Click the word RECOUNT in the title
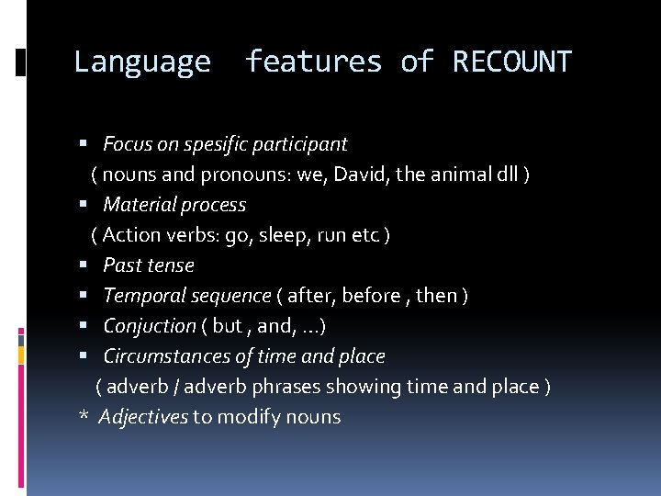coord(511,62)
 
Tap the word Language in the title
coord(141,62)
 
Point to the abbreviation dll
coord(505,175)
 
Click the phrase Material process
coord(174,205)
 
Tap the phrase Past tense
coord(149,265)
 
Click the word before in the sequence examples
coord(375,296)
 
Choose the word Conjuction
coord(150,326)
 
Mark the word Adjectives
coord(142,417)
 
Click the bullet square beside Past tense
coord(84,265)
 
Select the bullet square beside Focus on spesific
coord(84,144)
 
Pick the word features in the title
coord(312,62)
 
